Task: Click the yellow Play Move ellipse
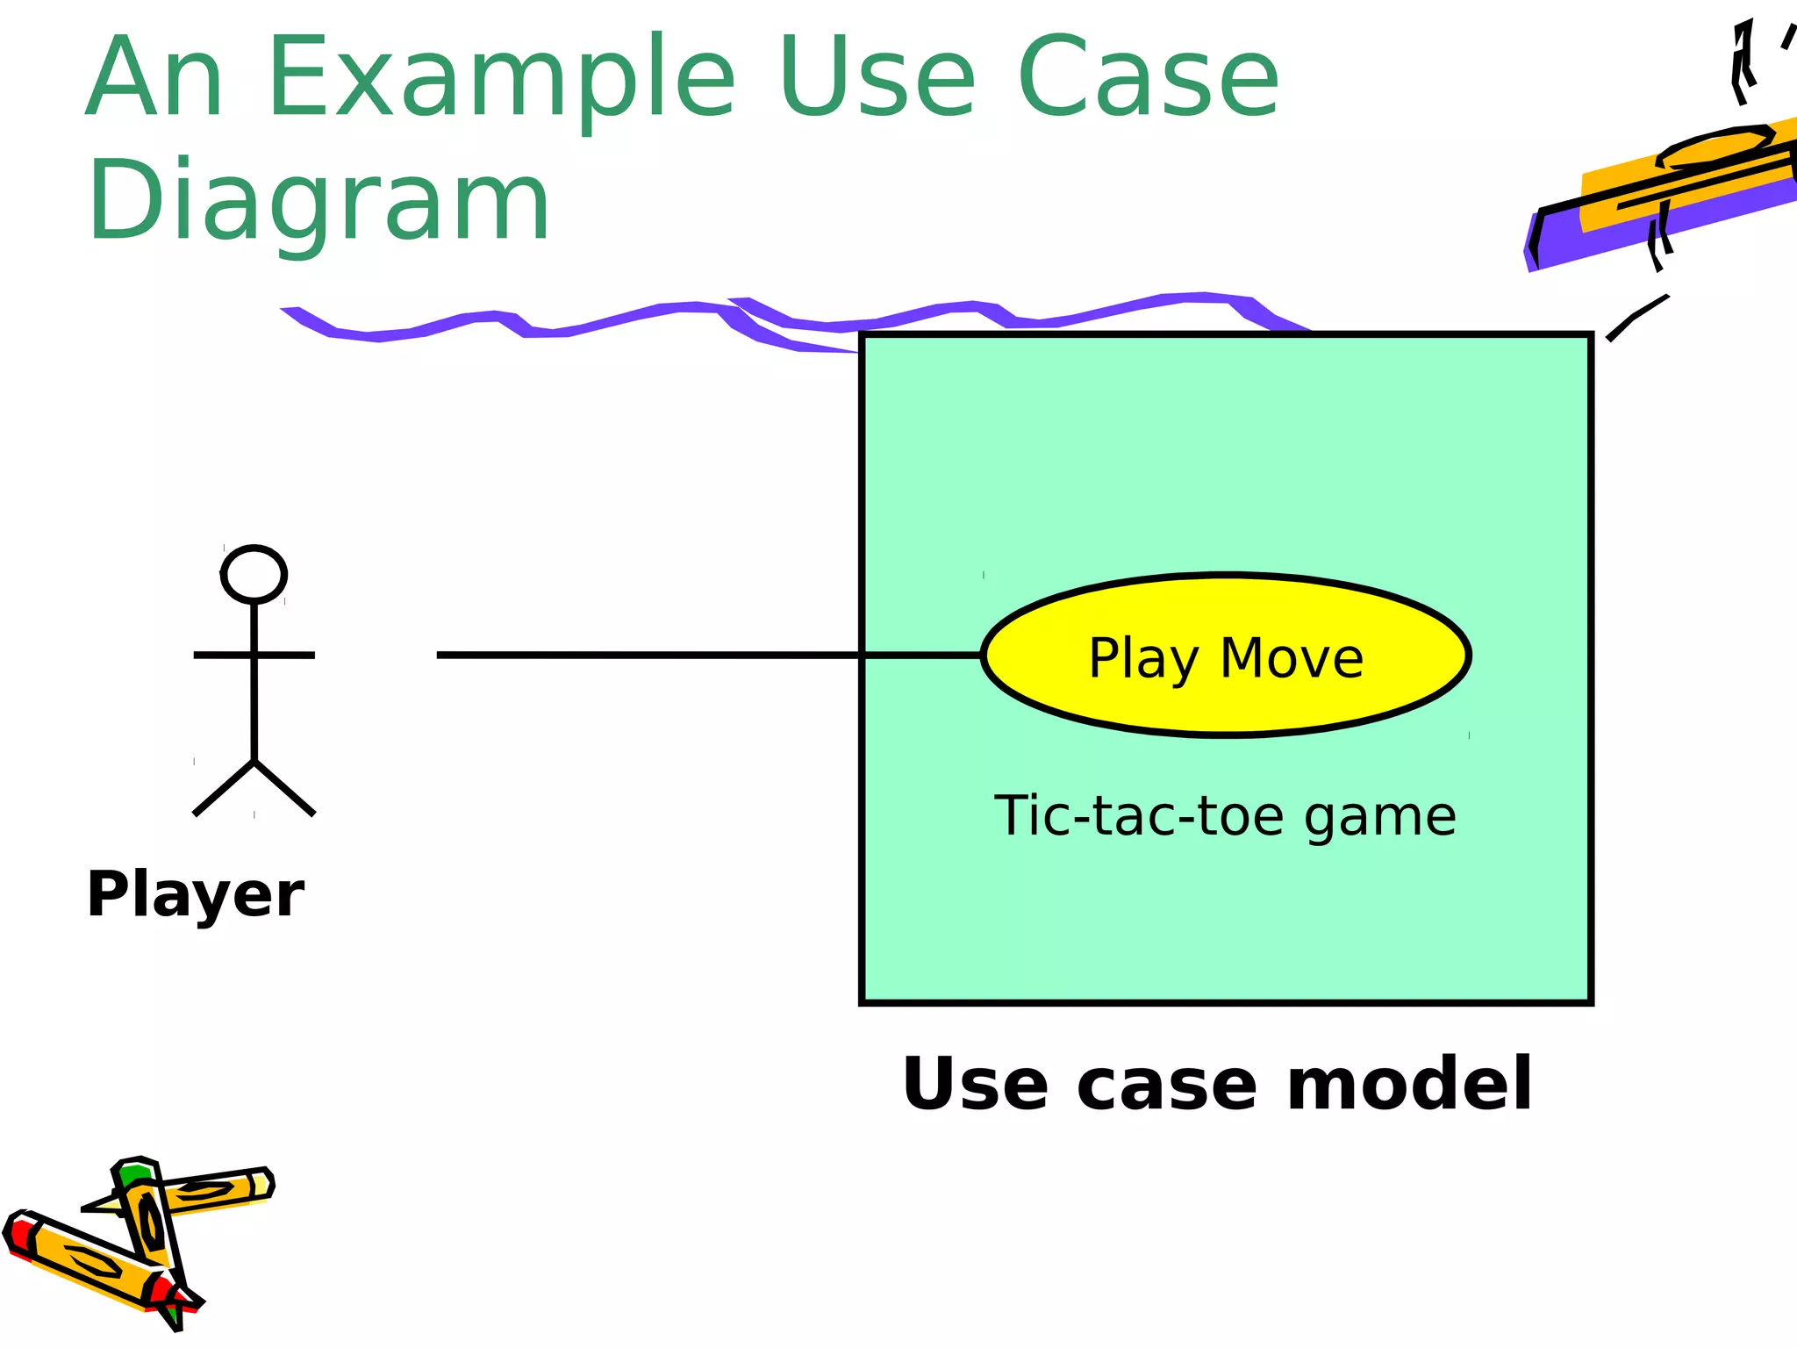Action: [x=1225, y=614]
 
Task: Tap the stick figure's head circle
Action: [x=254, y=575]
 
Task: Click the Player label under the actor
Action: [x=195, y=894]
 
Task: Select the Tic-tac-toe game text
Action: [x=1225, y=816]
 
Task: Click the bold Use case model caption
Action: [x=1217, y=1085]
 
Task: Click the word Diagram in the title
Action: [x=318, y=200]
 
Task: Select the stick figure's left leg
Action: [x=224, y=788]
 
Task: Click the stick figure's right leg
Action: [x=284, y=788]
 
